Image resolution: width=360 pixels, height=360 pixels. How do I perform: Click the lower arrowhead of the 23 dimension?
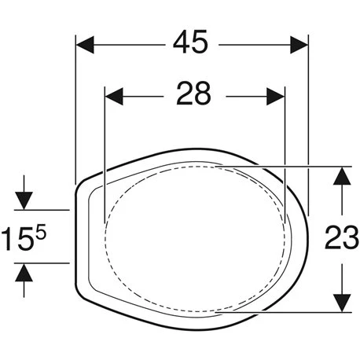click(x=340, y=302)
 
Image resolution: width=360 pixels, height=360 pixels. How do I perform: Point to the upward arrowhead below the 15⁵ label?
click(x=26, y=274)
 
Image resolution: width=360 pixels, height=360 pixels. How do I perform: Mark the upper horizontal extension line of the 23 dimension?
click(x=299, y=165)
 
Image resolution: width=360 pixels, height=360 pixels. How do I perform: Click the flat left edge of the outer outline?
click(x=74, y=236)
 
